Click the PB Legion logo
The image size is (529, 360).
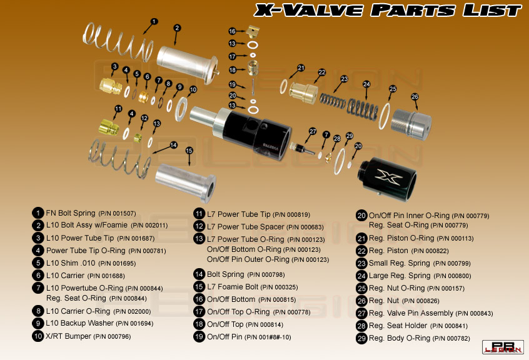503,347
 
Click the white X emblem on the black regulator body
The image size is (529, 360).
389,177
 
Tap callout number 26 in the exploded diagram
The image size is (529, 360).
415,97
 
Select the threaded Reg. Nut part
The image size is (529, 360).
411,124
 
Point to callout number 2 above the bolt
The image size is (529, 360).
177,28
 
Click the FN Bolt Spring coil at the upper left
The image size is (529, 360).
118,42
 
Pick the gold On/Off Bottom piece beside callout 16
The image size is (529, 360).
253,31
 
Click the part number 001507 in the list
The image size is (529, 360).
124,213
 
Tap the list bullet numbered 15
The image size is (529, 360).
199,287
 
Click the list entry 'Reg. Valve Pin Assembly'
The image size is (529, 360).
411,313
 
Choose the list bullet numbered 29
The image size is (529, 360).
361,338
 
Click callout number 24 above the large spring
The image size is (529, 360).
366,84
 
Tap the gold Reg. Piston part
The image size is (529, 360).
304,92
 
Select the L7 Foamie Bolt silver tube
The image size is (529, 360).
186,182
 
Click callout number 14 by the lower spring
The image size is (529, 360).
173,145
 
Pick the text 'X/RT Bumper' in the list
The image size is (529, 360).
69,336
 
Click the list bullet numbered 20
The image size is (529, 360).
361,216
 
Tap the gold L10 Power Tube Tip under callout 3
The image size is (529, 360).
111,86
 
